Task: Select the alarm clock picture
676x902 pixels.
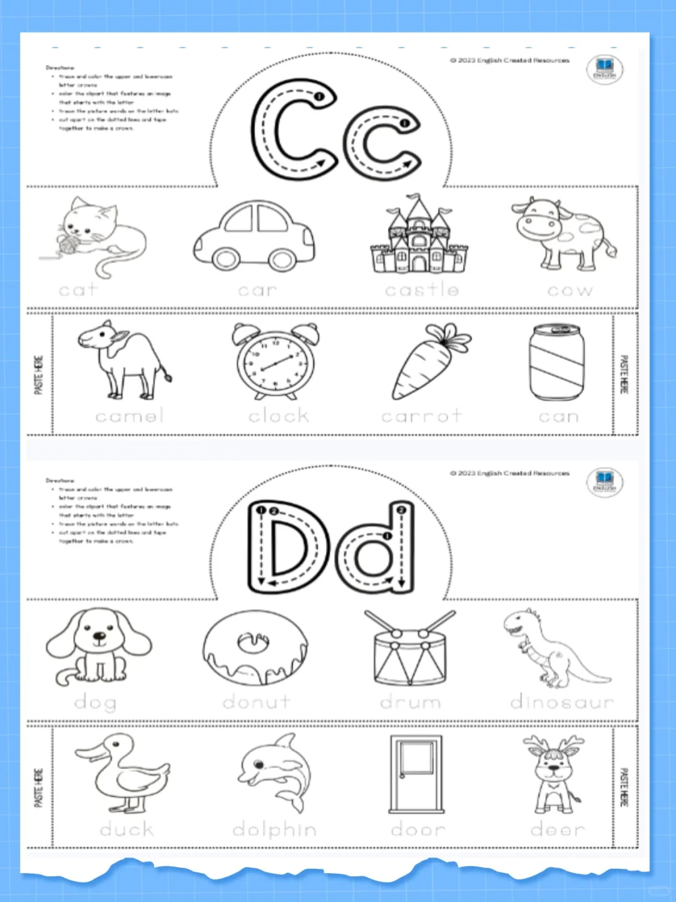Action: click(x=276, y=362)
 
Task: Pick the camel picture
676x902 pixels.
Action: click(x=125, y=360)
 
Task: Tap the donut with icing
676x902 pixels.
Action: click(x=255, y=648)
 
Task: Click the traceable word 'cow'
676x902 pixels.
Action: click(x=570, y=291)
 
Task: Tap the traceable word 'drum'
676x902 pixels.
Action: click(x=411, y=703)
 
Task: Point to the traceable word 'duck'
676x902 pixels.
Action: click(x=126, y=830)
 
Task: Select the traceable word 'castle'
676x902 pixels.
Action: click(x=422, y=290)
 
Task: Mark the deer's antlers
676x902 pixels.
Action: click(x=554, y=745)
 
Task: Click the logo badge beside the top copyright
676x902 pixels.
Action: click(x=604, y=69)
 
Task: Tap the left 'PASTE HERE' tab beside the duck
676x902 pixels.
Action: click(x=39, y=787)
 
